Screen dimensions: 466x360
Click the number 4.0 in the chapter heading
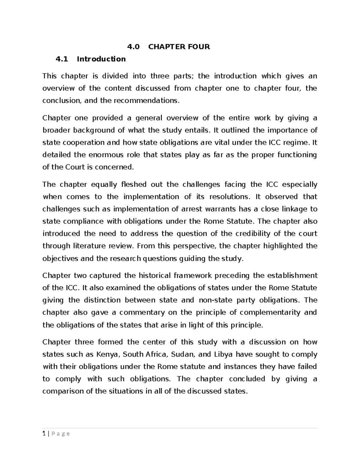coord(133,47)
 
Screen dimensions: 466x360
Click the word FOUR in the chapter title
coord(198,47)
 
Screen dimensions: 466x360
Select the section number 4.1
coord(62,59)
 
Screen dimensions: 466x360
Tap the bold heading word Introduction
coord(101,59)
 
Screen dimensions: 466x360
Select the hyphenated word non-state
coord(215,300)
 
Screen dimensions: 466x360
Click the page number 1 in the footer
coord(44,434)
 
